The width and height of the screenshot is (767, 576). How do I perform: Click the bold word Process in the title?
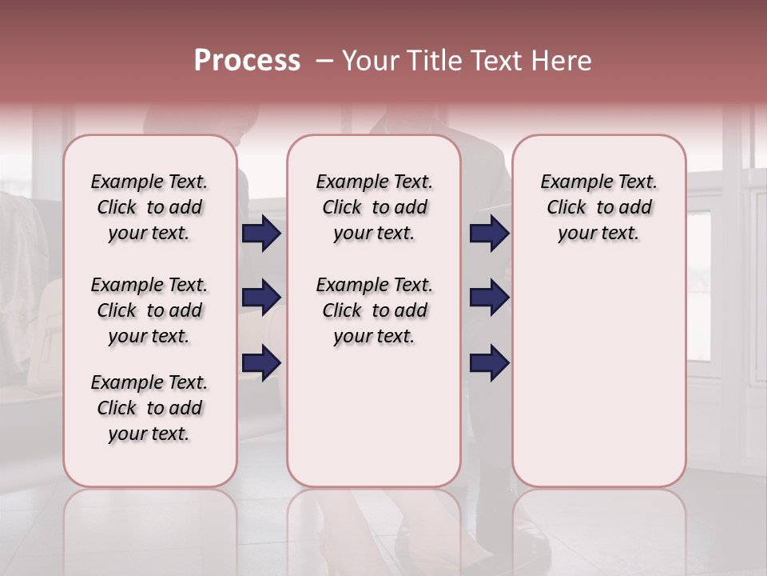247,61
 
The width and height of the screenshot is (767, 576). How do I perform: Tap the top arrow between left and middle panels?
261,234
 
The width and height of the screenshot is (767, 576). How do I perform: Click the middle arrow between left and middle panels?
261,298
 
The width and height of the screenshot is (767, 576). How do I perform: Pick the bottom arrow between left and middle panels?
261,362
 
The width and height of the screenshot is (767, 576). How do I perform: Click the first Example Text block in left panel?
149,207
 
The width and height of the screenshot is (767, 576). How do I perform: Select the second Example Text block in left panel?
149,310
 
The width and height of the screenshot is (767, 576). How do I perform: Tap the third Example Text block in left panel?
149,408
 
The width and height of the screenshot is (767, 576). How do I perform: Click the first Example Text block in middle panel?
374,207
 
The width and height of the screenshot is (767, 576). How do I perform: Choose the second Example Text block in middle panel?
374,310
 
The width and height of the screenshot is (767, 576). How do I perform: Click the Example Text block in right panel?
598,207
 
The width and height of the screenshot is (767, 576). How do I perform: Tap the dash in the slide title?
324,61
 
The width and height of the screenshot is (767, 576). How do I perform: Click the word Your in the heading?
371,61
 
